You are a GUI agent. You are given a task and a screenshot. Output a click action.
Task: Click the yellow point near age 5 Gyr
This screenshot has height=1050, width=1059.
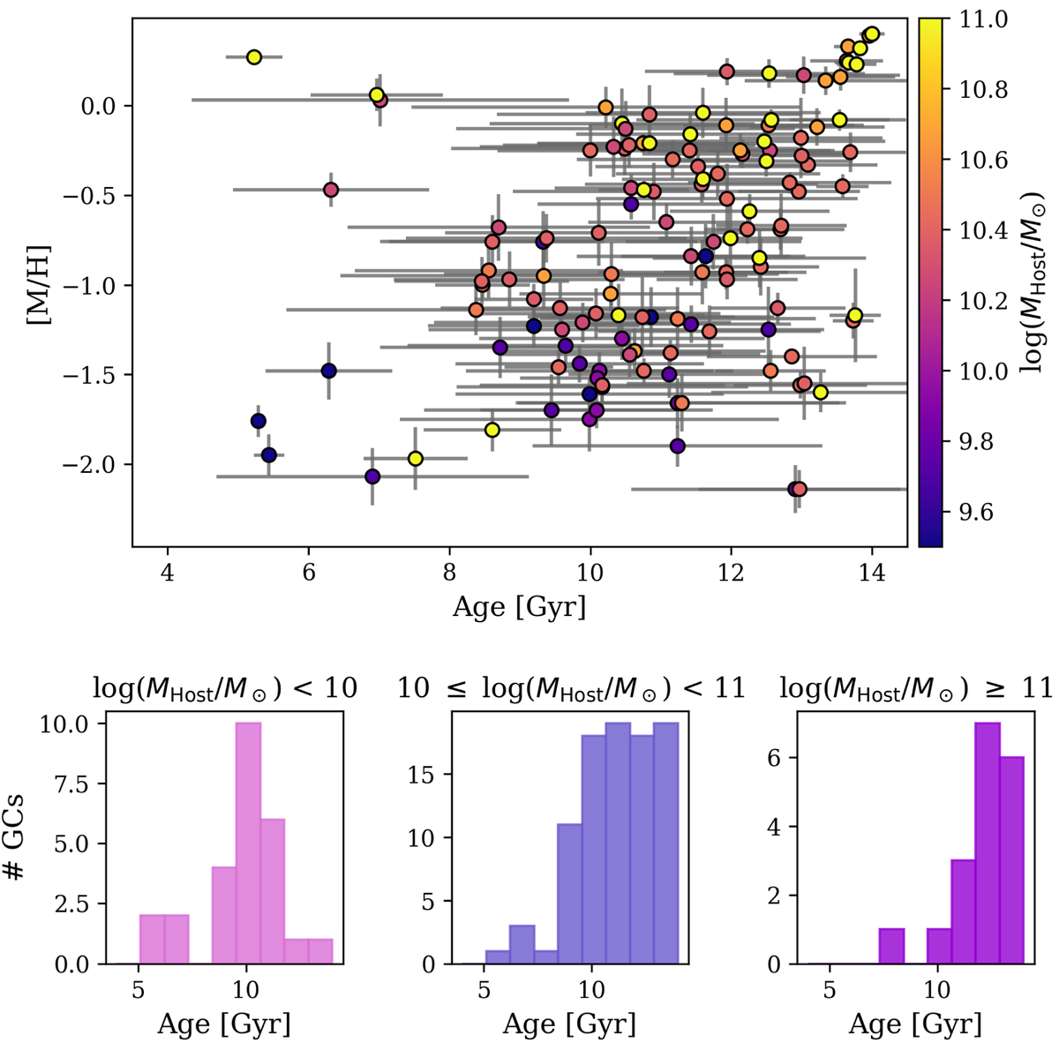(x=254, y=57)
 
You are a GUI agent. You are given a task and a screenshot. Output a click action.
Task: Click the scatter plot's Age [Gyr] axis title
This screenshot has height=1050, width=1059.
(x=519, y=607)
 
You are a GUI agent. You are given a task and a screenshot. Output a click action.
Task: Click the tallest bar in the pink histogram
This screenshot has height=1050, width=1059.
(x=248, y=843)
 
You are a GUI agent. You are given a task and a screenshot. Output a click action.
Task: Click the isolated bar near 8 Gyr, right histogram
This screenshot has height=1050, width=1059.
(x=892, y=946)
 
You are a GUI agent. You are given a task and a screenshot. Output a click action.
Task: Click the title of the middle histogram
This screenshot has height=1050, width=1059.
(x=570, y=688)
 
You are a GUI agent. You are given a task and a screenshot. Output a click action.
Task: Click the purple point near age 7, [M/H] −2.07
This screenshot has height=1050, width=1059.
(x=372, y=476)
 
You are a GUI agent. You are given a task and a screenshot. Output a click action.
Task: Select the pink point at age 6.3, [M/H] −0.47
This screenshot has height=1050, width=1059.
(x=331, y=190)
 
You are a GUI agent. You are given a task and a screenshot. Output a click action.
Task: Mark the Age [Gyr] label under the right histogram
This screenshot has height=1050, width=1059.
(x=914, y=1024)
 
